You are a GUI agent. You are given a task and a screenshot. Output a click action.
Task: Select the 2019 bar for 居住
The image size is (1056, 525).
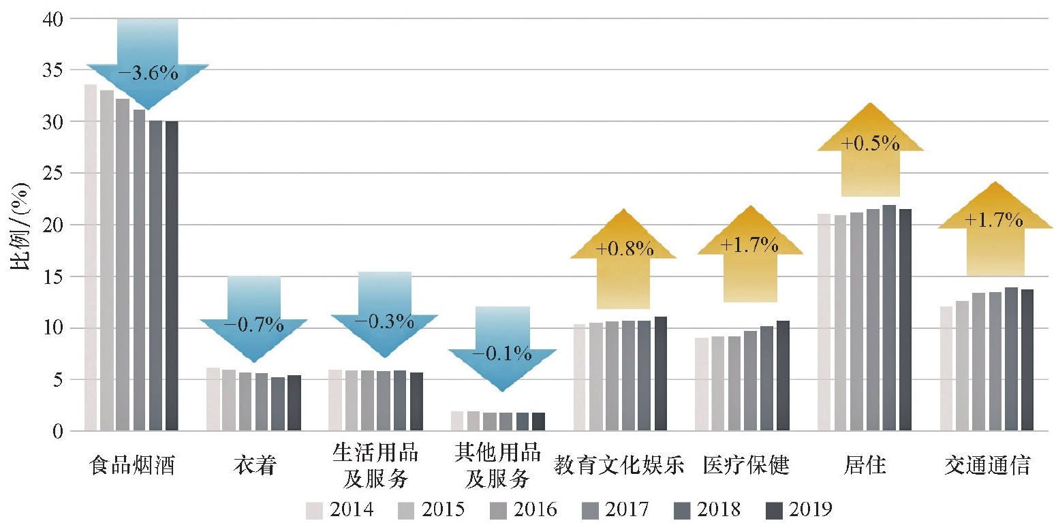point(905,319)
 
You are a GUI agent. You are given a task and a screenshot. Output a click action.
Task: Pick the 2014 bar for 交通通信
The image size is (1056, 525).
point(946,368)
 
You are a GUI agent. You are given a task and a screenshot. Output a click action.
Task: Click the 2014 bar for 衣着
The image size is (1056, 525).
point(213,399)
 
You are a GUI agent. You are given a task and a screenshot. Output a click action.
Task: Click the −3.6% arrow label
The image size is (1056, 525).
point(147,73)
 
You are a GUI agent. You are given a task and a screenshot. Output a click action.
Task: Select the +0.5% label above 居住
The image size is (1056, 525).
point(870,144)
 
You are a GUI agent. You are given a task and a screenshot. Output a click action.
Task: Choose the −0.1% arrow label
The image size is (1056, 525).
point(502,354)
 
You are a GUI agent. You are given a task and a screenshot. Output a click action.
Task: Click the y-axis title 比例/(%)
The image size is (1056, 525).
point(21,225)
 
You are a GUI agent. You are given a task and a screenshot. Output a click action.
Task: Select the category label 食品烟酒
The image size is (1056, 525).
point(131,466)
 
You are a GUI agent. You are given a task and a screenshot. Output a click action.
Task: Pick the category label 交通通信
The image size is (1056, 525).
point(987,466)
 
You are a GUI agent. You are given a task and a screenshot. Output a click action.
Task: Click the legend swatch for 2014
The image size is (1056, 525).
point(314,510)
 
